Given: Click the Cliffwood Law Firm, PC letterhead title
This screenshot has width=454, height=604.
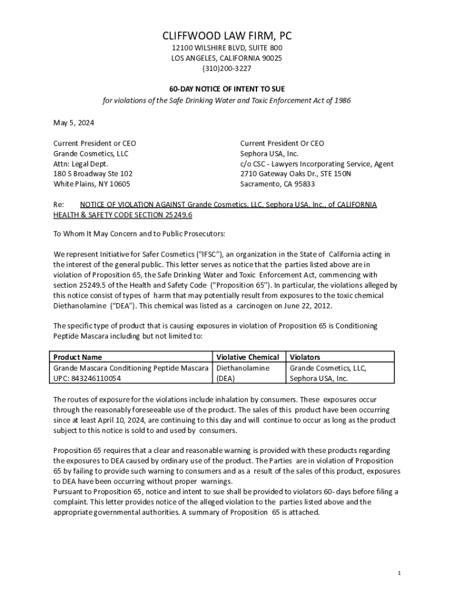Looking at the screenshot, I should click(x=227, y=37).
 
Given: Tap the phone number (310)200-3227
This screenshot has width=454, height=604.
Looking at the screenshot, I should click(x=227, y=68).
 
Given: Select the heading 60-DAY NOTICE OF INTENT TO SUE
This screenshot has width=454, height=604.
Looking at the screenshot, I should click(x=227, y=88).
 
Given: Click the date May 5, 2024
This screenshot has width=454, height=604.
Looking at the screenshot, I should click(x=74, y=123).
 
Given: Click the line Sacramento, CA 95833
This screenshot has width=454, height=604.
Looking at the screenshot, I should click(x=277, y=184).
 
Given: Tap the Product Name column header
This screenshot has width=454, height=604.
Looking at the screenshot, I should click(x=77, y=357).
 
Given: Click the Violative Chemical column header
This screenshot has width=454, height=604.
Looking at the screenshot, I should click(x=248, y=357).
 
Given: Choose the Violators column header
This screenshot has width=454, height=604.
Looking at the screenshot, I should click(x=305, y=357).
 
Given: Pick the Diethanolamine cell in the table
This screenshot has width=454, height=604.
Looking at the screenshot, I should click(x=243, y=368).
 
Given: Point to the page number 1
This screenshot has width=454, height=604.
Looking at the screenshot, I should click(x=399, y=573).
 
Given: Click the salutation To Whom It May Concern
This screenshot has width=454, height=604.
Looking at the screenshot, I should click(x=100, y=233).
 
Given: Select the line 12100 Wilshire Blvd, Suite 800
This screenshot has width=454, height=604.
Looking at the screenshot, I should click(x=227, y=48).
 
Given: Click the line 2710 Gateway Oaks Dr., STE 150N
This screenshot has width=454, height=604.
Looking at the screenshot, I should click(x=295, y=173).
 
